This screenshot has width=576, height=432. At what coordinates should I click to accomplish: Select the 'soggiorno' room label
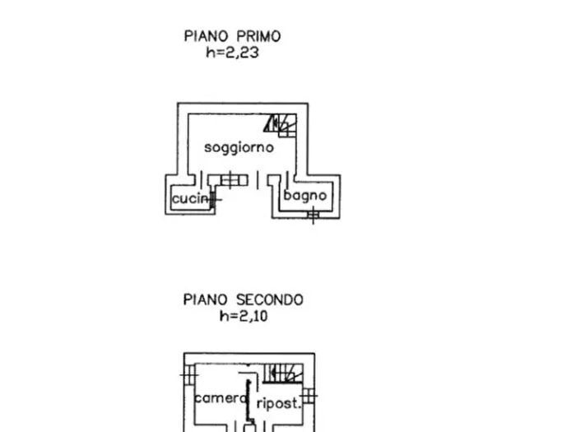(239, 148)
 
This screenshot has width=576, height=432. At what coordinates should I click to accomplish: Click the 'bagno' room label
(305, 196)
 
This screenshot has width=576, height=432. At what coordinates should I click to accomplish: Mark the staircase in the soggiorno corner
(281, 124)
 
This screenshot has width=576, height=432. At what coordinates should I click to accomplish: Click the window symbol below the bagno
(312, 216)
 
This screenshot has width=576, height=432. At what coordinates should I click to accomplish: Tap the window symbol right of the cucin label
(216, 197)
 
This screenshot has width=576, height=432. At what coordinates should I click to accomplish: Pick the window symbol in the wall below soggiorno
(233, 179)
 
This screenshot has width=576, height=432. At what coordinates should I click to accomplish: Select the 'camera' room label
(221, 398)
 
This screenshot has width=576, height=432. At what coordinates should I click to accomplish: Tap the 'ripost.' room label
(277, 403)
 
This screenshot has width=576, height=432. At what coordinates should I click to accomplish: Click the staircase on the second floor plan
(283, 374)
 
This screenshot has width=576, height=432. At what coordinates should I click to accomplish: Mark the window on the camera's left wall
(189, 375)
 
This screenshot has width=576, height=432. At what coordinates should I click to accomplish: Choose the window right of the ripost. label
(308, 397)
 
